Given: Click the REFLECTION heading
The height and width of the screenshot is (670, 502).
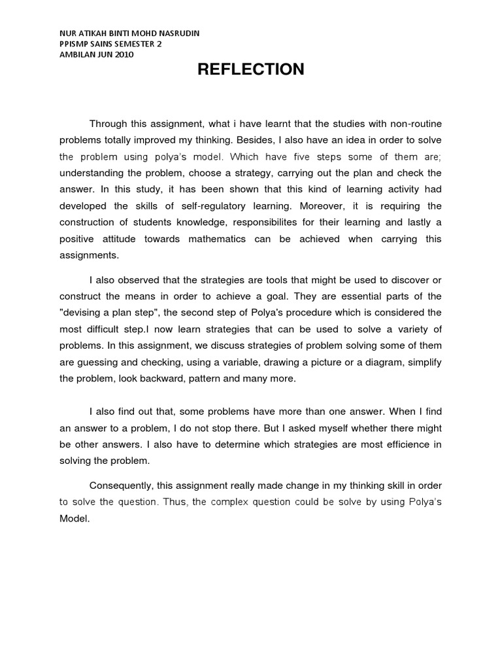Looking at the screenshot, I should coord(251,69).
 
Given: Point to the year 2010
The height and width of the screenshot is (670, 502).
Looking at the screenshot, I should coord(122,54).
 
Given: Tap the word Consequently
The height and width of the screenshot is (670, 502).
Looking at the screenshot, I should coord(122,486).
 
